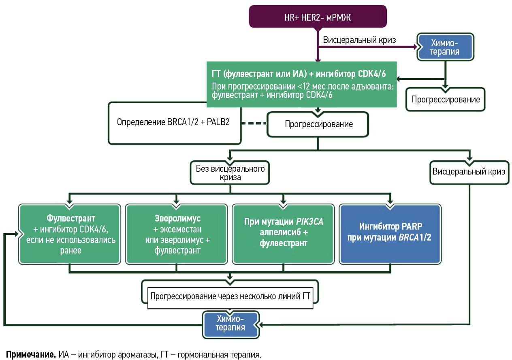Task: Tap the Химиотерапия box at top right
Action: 445,47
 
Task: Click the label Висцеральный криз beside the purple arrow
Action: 359,40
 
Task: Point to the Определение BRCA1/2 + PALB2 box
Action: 174,122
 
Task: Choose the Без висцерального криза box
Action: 230,173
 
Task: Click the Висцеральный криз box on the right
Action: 469,172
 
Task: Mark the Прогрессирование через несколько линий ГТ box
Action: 230,296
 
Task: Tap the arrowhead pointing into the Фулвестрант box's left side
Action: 17,234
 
